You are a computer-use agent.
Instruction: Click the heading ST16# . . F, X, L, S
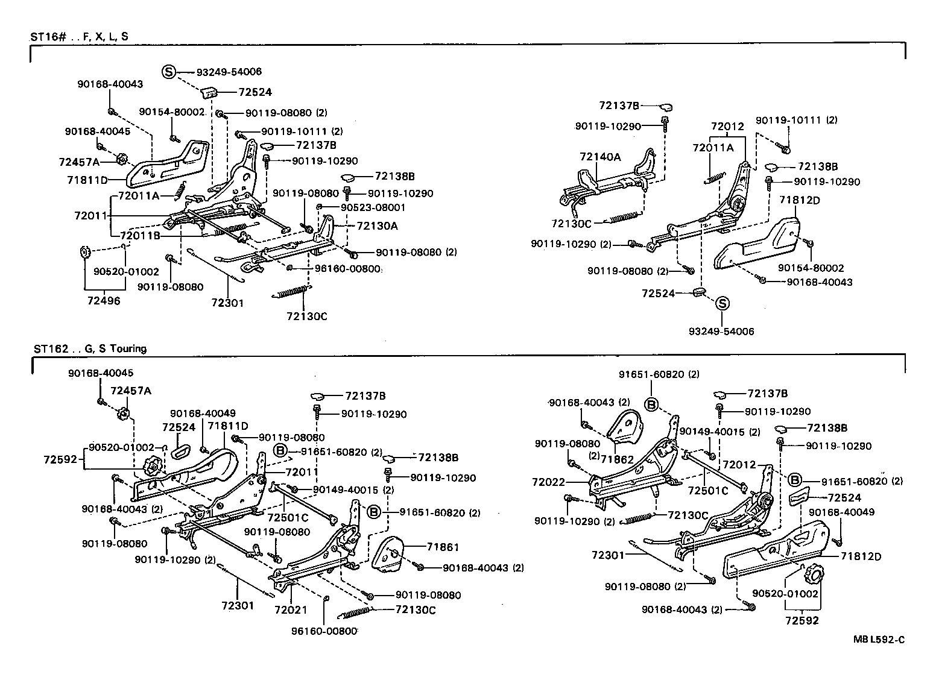click(79, 36)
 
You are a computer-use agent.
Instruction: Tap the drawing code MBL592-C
click(879, 640)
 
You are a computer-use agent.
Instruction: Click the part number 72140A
click(599, 157)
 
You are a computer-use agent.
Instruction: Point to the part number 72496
click(103, 300)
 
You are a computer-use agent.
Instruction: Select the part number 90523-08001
click(373, 207)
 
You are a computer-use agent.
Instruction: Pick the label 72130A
click(377, 225)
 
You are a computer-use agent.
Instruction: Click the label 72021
click(291, 609)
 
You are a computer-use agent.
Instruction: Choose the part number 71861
click(443, 547)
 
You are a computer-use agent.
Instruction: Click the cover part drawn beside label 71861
click(389, 552)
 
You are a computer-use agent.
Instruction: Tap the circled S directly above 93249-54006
click(722, 304)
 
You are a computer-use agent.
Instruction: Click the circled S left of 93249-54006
click(168, 72)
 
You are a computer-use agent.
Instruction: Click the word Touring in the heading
click(129, 348)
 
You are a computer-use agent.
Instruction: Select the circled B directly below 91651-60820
click(651, 405)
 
